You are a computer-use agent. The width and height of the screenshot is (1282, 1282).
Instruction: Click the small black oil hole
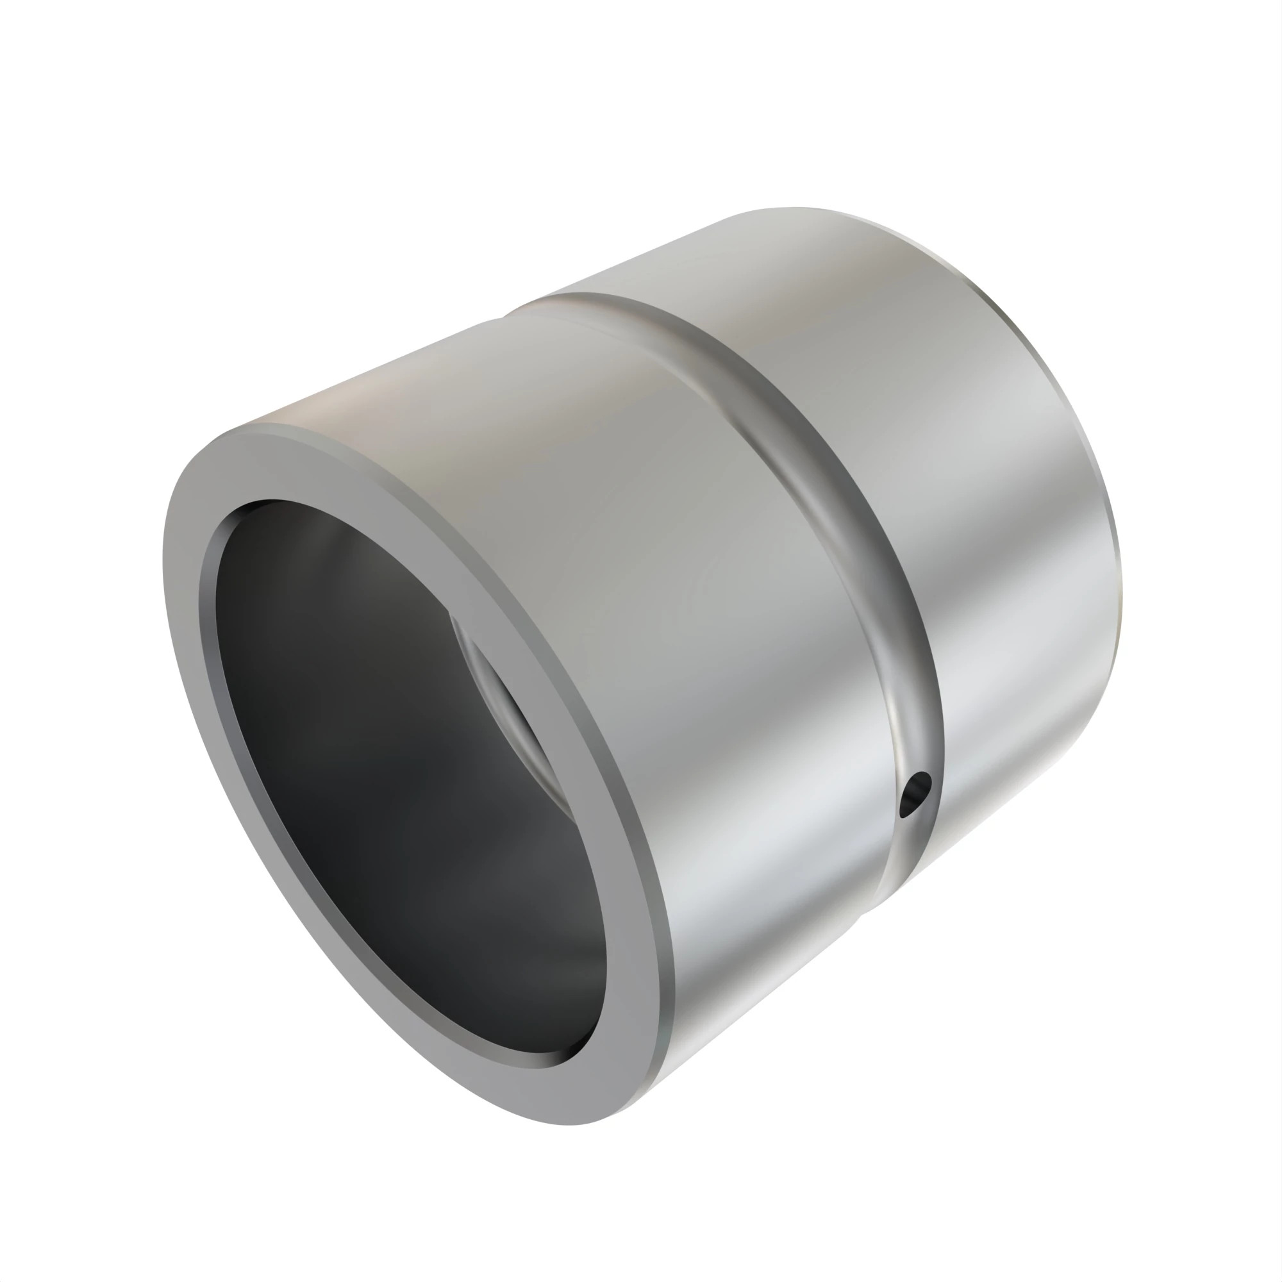[915, 794]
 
